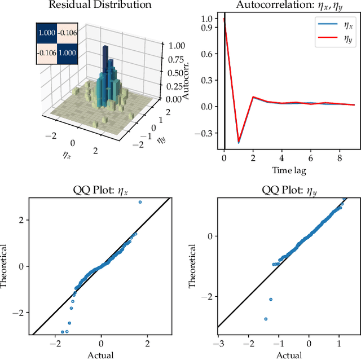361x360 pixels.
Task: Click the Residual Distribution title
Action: [100, 5]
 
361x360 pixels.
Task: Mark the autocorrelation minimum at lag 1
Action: [238, 141]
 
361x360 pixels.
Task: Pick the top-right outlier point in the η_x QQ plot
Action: [140, 202]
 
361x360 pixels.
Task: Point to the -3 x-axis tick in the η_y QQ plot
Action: [218, 343]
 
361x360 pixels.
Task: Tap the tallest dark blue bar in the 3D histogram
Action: [105, 56]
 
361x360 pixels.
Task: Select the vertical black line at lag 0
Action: [224, 85]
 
